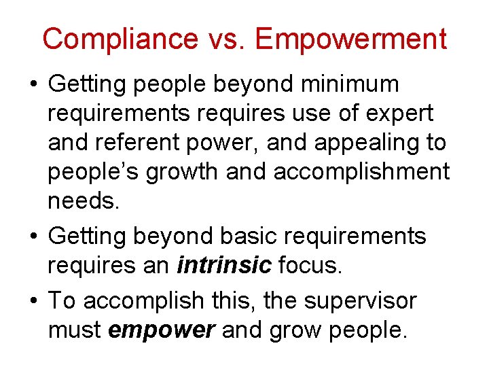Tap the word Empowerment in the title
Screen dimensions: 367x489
351,39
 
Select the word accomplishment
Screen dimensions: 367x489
361,173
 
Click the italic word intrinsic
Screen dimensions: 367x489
223,265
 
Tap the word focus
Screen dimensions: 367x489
308,265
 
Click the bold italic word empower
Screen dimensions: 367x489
162,330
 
